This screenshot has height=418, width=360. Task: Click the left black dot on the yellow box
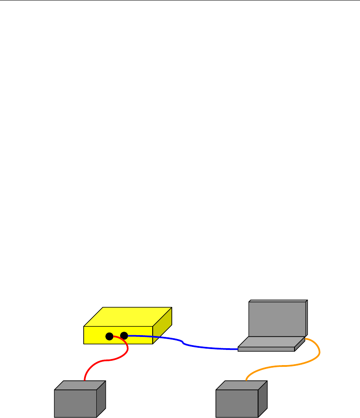[x=109, y=336]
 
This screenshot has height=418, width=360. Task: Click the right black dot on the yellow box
[x=124, y=335]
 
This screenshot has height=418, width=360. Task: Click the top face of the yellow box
[x=128, y=317]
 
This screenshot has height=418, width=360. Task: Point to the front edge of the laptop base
[x=266, y=349]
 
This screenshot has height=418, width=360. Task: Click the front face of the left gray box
[x=75, y=403]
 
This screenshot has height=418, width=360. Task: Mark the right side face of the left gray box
[x=101, y=399]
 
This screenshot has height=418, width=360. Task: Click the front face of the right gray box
[x=237, y=403]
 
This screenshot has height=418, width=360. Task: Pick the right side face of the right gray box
[x=263, y=399]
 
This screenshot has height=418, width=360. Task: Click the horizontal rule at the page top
[x=180, y=0]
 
